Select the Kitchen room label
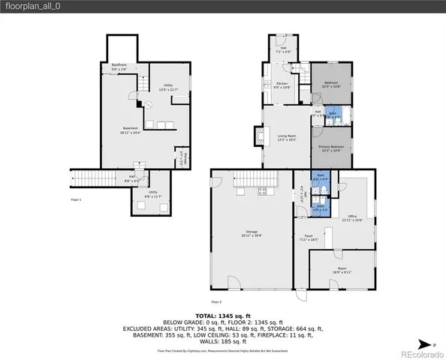click(x=282, y=85)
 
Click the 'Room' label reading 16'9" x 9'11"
click(x=342, y=271)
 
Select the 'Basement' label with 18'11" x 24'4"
click(x=130, y=130)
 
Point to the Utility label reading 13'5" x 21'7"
click(x=168, y=87)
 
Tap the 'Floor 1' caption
click(x=76, y=200)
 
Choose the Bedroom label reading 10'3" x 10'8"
click(x=331, y=85)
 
